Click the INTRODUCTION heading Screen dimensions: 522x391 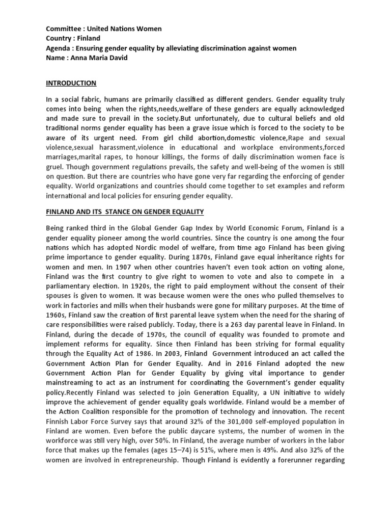click(x=71, y=83)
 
